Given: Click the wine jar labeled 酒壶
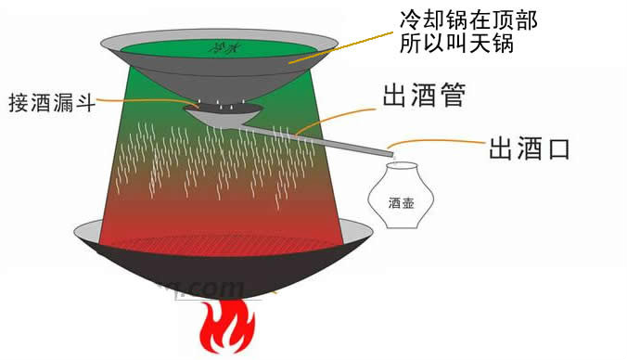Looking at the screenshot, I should (x=390, y=196).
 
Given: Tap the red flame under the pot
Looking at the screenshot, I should (x=226, y=329).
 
